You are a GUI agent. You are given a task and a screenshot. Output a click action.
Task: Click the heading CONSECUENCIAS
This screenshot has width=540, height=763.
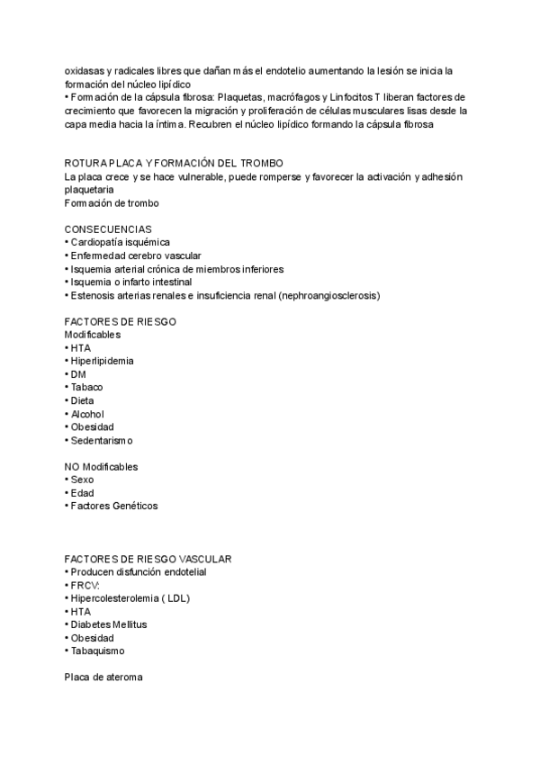[x=108, y=229]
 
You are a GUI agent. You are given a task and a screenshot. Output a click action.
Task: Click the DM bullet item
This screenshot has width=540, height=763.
[x=78, y=374]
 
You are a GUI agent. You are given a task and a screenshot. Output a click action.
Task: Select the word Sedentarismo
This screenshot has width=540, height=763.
[x=102, y=440]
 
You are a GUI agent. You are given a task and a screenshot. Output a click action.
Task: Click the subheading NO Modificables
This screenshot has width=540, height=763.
[x=101, y=467]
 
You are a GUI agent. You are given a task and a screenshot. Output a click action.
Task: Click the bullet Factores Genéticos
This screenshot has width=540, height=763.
[x=114, y=506]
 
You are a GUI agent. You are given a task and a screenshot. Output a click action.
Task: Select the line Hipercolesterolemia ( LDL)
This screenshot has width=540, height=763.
[x=130, y=598]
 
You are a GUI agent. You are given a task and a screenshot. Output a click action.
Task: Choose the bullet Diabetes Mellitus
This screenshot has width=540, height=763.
[x=109, y=624]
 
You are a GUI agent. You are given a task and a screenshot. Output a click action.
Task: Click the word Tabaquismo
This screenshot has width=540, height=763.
[x=98, y=651]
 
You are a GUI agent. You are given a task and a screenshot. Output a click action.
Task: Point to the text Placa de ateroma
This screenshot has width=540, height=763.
[x=103, y=678]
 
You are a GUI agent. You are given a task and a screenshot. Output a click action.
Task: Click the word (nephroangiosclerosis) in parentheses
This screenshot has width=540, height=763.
[x=329, y=295]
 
